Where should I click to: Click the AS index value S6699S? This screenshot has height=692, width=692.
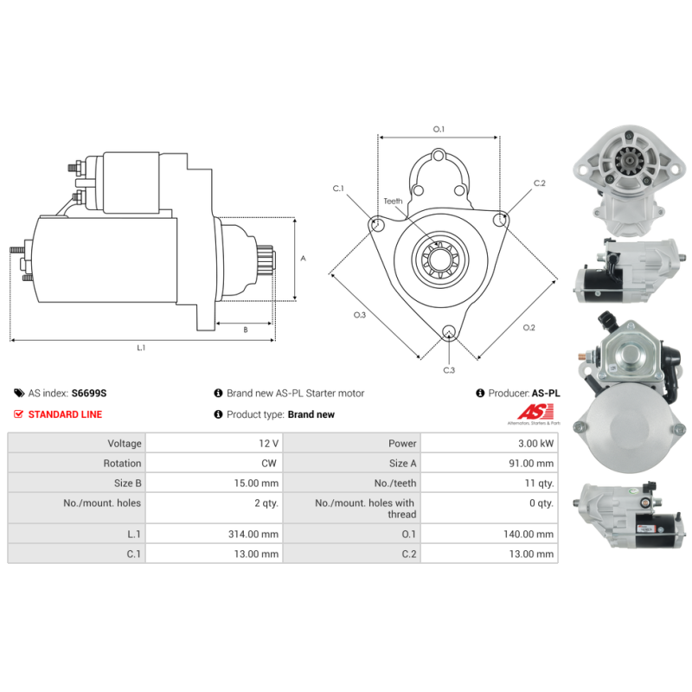(x=89, y=393)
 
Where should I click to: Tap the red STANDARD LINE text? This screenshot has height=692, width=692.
(x=65, y=414)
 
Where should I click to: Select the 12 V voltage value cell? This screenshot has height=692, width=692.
(x=268, y=443)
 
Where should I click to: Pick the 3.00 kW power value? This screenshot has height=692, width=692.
(x=535, y=443)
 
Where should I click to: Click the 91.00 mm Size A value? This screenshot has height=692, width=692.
(x=531, y=463)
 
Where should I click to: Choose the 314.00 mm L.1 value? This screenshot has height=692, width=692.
(x=253, y=534)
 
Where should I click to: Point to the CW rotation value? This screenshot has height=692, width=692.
(x=269, y=463)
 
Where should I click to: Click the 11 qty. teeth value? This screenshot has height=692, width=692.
(x=539, y=483)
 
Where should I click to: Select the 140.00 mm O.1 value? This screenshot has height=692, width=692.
(x=529, y=534)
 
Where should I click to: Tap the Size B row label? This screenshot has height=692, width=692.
(x=127, y=483)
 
